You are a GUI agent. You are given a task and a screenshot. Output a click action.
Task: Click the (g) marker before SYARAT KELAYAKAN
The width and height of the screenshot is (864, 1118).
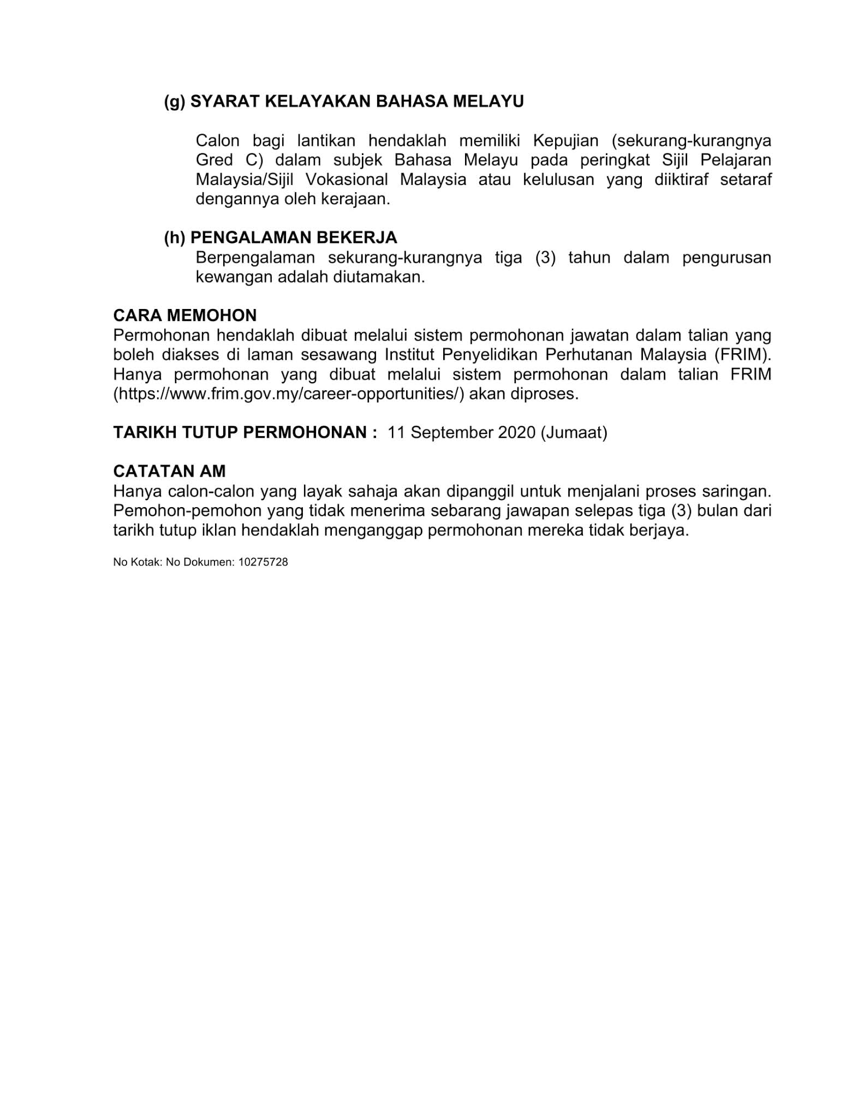175,102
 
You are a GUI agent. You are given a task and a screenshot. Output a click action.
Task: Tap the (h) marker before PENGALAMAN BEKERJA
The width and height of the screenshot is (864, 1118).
175,237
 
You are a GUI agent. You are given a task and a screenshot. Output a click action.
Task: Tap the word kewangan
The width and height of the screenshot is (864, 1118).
234,277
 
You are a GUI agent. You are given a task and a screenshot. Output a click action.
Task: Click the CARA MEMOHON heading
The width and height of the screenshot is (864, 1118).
184,315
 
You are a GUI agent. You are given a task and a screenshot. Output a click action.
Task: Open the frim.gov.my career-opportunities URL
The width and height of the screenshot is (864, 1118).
289,394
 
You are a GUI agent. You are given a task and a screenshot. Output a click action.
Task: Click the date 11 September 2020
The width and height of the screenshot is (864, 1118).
461,432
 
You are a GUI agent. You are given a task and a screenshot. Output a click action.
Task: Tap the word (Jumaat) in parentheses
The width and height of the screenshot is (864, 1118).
574,432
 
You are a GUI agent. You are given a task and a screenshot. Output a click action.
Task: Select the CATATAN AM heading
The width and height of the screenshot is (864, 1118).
169,471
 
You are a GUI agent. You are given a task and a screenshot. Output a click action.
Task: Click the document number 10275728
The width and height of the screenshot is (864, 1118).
263,562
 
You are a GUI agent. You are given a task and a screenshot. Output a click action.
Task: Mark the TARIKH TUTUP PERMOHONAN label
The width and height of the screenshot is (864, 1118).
245,432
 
